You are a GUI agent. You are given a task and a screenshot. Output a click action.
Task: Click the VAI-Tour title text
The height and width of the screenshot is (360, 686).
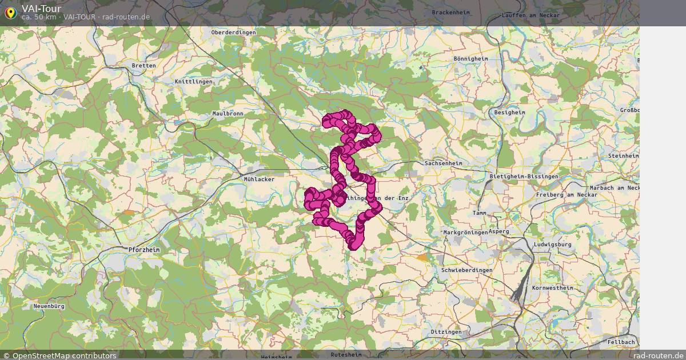pyautogui.click(x=41, y=9)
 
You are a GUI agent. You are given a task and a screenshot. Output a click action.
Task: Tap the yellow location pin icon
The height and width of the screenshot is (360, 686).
pyautogui.click(x=10, y=12)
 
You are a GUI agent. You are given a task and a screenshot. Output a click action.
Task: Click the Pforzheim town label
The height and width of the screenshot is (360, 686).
pyautogui.click(x=143, y=250)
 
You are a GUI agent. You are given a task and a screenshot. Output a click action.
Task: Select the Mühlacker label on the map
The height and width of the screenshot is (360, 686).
pyautogui.click(x=259, y=179)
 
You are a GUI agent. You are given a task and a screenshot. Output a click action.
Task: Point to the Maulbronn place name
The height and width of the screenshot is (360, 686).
pyautogui.click(x=228, y=114)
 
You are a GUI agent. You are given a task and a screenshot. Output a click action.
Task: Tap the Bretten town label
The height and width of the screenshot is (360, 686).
pyautogui.click(x=143, y=66)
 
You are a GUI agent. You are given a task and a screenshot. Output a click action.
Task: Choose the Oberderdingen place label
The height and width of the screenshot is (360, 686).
pyautogui.click(x=233, y=33)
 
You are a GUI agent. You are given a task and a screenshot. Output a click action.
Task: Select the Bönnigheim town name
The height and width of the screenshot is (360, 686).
pyautogui.click(x=470, y=58)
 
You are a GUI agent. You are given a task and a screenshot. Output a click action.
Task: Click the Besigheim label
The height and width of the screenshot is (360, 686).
pyautogui.click(x=509, y=113)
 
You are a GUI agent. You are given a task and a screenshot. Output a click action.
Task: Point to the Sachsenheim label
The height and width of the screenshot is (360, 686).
pyautogui.click(x=443, y=163)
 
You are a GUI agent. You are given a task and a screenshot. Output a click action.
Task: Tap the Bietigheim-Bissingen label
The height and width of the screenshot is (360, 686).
pyautogui.click(x=524, y=177)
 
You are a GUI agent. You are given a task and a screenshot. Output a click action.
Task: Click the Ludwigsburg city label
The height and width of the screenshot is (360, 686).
pyautogui.click(x=552, y=245)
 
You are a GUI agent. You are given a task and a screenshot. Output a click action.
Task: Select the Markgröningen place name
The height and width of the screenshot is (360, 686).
pyautogui.click(x=465, y=233)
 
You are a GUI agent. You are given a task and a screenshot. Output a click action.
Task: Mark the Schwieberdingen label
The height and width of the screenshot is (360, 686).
pyautogui.click(x=467, y=270)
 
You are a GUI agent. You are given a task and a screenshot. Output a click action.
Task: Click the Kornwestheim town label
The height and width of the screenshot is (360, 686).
pyautogui.click(x=552, y=288)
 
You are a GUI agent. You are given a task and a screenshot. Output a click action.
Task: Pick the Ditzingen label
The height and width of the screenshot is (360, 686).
pyautogui.click(x=446, y=332)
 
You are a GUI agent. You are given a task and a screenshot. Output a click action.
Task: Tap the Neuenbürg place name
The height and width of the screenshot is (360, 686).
pyautogui.click(x=49, y=306)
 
